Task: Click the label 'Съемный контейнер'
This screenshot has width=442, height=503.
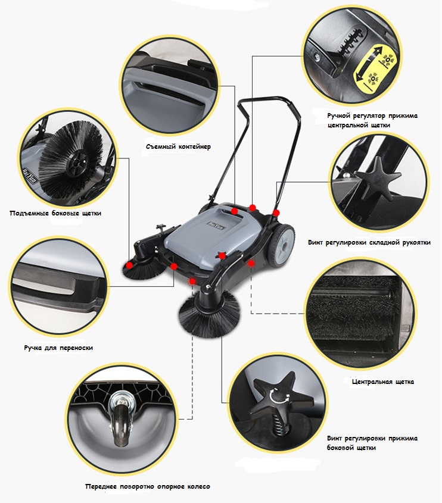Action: (x=178, y=147)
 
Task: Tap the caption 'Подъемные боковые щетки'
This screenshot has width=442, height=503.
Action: (x=55, y=213)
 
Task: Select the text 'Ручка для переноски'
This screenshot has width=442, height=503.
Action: (x=58, y=348)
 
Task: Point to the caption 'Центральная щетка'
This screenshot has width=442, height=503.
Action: (x=382, y=382)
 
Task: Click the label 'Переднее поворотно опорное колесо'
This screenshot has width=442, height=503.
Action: (x=148, y=487)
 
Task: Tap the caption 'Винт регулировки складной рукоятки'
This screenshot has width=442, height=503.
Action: (x=369, y=242)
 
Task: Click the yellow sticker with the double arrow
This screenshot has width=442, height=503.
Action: (x=375, y=68)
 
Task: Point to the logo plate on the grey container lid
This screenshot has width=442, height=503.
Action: (x=216, y=225)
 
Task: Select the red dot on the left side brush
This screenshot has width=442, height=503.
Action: (x=129, y=265)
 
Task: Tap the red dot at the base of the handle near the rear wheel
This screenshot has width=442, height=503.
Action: (x=276, y=213)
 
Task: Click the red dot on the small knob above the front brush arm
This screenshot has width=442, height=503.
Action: (x=222, y=256)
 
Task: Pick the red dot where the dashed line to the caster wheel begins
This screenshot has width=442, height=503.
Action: (x=192, y=282)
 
